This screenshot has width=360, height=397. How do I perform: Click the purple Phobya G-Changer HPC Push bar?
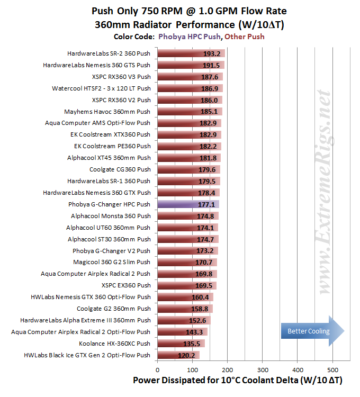pyautogui.click(x=188, y=204)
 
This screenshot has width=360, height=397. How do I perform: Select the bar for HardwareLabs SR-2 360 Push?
pyautogui.click(x=191, y=53)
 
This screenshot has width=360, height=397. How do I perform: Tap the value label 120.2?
pyautogui.click(x=186, y=356)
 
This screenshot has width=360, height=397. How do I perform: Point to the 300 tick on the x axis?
pyautogui.click(x=263, y=370)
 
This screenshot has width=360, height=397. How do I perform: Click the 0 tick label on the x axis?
pyautogui.click(x=157, y=370)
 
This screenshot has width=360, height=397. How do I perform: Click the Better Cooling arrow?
pyautogui.click(x=313, y=331)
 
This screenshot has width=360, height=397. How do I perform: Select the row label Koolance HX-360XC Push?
pyautogui.click(x=114, y=344)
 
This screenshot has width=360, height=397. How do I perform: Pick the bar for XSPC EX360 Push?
pyautogui.click(x=187, y=285)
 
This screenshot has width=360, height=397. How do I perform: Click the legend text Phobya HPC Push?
pyautogui.click(x=190, y=37)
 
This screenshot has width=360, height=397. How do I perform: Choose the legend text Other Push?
pyautogui.click(x=244, y=37)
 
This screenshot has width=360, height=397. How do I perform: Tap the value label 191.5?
pyautogui.click(x=211, y=65)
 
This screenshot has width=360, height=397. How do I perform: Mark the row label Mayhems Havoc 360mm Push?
pyautogui.click(x=107, y=112)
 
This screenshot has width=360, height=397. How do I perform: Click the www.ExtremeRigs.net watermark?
pyautogui.click(x=325, y=192)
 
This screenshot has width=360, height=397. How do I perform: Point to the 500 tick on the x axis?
pyautogui.click(x=332, y=370)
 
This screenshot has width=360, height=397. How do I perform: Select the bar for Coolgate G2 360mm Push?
pyautogui.click(x=185, y=309)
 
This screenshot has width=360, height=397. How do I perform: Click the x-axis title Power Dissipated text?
pyautogui.click(x=238, y=380)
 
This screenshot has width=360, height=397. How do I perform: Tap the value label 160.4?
pyautogui.click(x=200, y=297)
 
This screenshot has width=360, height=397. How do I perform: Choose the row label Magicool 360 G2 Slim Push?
pyautogui.click(x=112, y=262)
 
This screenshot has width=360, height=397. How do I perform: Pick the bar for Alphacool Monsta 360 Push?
pyautogui.click(x=188, y=216)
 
